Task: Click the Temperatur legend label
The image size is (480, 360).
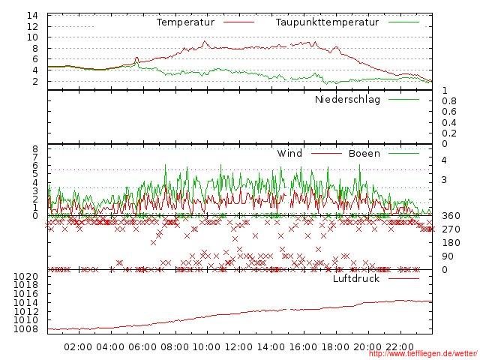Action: click(x=185, y=22)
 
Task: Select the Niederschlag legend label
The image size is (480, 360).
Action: click(x=347, y=100)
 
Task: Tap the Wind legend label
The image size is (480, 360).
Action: click(x=289, y=154)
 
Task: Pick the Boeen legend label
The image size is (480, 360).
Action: click(x=364, y=154)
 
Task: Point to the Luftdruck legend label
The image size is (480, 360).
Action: click(x=356, y=279)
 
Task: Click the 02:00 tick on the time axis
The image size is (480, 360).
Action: click(x=78, y=347)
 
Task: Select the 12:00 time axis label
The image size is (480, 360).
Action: click(x=239, y=347)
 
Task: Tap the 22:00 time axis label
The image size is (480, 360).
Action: click(x=400, y=347)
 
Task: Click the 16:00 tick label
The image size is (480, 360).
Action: click(x=303, y=347)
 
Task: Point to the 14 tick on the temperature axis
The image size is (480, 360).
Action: click(x=33, y=16)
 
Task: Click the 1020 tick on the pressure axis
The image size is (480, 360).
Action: click(x=25, y=276)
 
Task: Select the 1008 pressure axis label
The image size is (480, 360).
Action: click(x=25, y=329)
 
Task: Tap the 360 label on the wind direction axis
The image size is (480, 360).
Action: click(x=451, y=216)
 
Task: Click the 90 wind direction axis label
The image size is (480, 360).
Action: click(x=448, y=256)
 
